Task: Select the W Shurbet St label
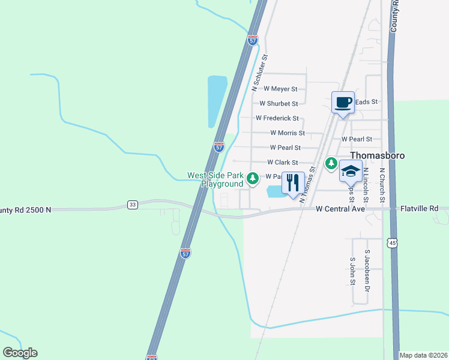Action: click(x=278, y=103)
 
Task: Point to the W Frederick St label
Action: click(x=277, y=118)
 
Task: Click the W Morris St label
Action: click(x=287, y=133)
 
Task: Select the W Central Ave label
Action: click(x=341, y=209)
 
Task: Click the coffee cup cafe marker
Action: click(x=343, y=102)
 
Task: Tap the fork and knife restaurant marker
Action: click(x=293, y=181)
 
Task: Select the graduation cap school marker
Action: click(x=351, y=172)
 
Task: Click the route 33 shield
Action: click(x=133, y=205)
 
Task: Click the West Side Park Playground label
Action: click(x=215, y=179)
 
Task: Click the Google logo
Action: click(x=20, y=353)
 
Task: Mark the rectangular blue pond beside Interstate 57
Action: click(x=217, y=101)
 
